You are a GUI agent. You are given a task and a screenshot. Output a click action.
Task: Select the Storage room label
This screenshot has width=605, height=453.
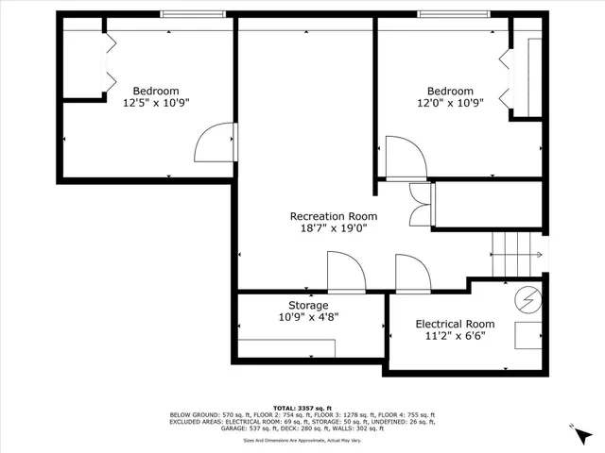coord(308,306)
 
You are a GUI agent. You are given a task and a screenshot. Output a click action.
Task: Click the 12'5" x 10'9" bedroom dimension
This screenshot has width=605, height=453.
coord(156,104)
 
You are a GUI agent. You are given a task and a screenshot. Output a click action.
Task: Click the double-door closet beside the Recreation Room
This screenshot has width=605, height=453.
coord(420,205)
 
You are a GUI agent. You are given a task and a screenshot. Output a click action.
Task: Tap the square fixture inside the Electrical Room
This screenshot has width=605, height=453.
coord(526,336)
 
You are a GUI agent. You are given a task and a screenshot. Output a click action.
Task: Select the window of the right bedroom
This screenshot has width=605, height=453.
coord(453,14)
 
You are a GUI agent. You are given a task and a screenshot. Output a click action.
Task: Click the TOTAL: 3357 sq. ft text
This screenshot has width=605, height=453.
coord(302,407)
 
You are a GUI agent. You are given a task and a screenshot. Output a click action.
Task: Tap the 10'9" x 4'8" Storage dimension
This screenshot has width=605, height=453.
coord(308,318)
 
